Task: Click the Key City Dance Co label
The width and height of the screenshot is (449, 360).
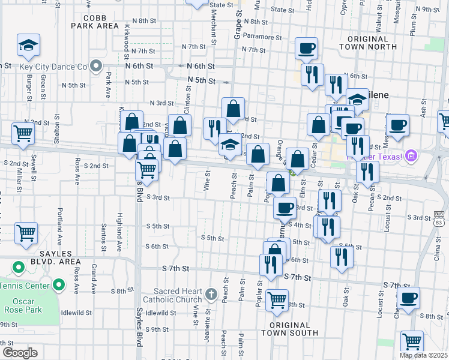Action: pos(53,66)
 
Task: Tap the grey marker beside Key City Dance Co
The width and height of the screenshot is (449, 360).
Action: pos(96,66)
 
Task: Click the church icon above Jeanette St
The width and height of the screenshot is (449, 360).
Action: pos(210,294)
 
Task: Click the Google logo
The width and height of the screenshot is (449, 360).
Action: pos(20,352)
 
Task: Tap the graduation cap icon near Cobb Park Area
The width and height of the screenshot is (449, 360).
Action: pos(27,45)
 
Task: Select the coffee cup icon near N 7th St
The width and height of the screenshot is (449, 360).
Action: pos(306,48)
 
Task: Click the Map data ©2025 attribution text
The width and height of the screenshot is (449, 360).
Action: pos(423,355)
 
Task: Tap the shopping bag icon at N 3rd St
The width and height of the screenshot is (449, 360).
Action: pos(233,109)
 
